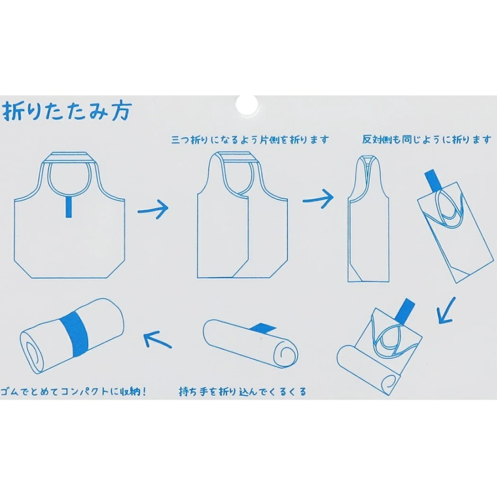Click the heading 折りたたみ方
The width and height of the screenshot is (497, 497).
pos(67,111)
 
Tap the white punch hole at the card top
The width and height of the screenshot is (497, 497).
pos(247,104)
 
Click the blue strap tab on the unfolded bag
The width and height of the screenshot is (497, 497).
pos(69,207)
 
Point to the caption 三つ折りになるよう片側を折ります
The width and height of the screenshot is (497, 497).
pos(250,140)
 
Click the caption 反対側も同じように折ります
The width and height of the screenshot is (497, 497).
pos(426,140)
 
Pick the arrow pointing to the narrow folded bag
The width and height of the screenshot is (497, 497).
pos(318,198)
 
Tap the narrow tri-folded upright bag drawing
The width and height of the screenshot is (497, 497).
pos(369,218)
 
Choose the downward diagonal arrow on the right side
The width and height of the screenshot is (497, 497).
pos(446,311)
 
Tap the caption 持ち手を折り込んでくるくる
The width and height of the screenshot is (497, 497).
pos(243,392)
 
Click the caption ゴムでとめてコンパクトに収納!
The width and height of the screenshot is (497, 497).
pos(74,392)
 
